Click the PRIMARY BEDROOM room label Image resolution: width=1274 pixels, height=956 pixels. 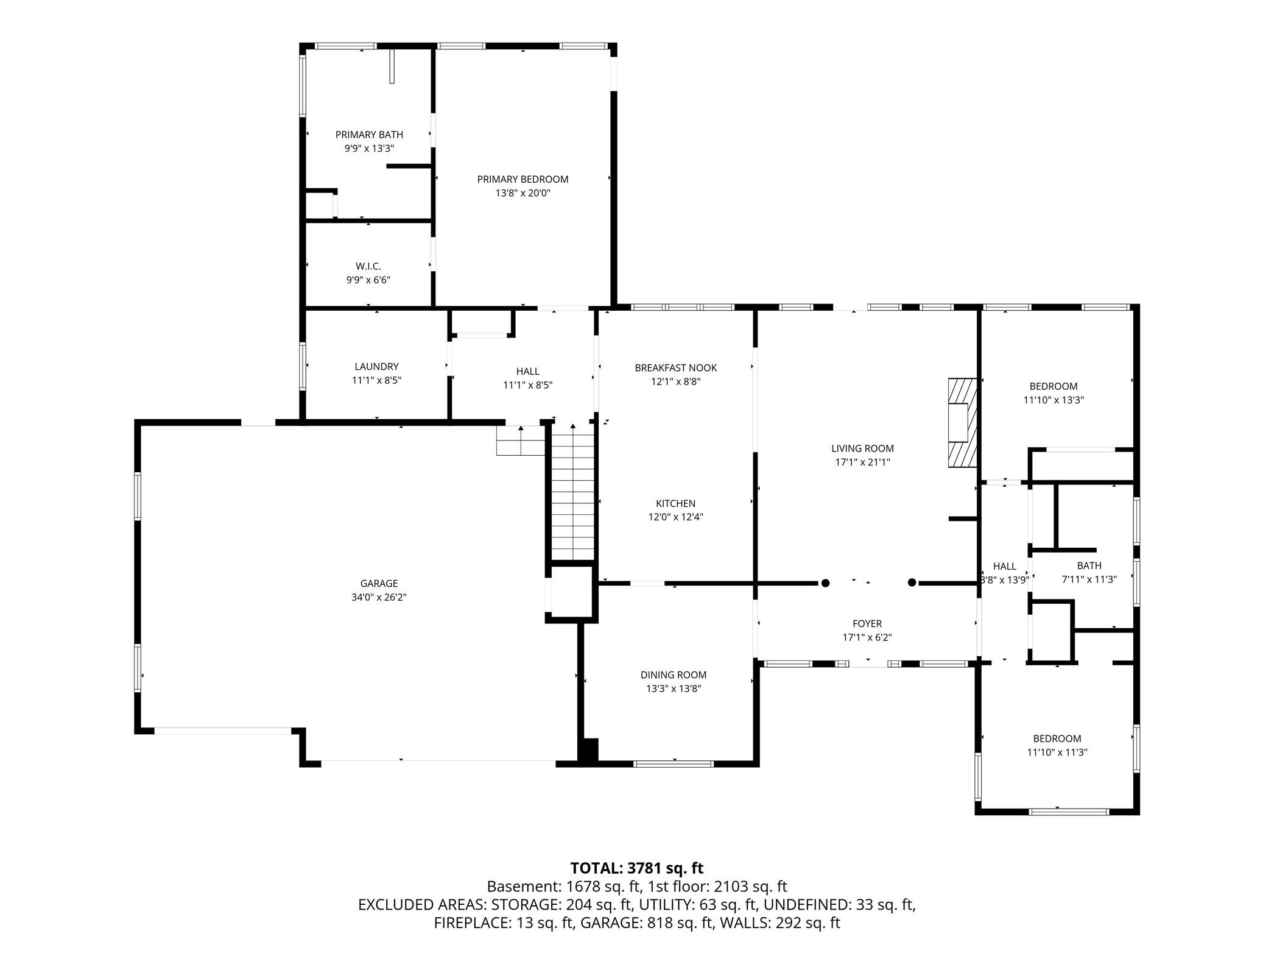coord(523,179)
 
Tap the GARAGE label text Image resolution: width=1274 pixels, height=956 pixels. coord(379,583)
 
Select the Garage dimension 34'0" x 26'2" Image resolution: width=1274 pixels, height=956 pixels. coord(379,597)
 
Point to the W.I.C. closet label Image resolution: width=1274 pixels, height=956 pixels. coord(368,266)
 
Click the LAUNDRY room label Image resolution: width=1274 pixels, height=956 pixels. coord(376,366)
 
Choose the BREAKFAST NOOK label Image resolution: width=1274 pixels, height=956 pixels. coord(676,367)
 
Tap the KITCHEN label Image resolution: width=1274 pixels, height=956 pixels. coord(676,503)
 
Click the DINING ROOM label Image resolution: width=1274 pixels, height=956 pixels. coord(674,675)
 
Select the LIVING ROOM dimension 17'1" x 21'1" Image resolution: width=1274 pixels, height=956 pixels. coord(862,462)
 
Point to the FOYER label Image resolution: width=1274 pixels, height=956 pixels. coord(867,623)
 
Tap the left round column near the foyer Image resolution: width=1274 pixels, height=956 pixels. coord(825,582)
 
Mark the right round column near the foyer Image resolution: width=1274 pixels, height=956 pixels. coord(912,582)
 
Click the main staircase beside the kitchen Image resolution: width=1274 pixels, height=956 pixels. coord(572,491)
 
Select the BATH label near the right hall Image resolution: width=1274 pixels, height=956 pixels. coord(1089,565)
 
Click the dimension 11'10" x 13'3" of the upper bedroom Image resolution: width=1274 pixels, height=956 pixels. coord(1054,400)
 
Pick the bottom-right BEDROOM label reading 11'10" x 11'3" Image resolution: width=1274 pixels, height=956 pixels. coord(1057,745)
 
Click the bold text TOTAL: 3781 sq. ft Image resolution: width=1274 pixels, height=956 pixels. coord(637,867)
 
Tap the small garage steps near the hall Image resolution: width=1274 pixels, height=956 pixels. coord(520,440)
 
